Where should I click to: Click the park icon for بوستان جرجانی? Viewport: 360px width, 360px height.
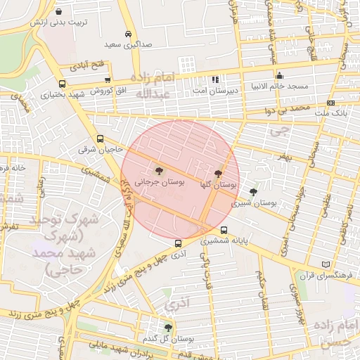[x=158, y=170]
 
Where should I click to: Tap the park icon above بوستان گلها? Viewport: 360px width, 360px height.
[x=218, y=173]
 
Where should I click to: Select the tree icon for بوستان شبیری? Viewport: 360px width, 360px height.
[x=253, y=191]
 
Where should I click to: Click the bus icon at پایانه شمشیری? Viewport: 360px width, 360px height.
[x=224, y=230]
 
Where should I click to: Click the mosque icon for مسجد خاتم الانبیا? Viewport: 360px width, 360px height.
[x=279, y=76]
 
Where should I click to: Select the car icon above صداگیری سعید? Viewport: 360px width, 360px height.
[x=127, y=34]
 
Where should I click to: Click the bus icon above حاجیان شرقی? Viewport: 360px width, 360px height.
[x=100, y=139]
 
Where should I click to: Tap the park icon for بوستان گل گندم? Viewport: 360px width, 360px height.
[x=167, y=328]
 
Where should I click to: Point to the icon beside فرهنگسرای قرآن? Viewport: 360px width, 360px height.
[x=324, y=264]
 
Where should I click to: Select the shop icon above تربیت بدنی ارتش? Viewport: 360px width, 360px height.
[x=58, y=12]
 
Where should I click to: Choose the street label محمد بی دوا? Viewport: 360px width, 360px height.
[x=291, y=110]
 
